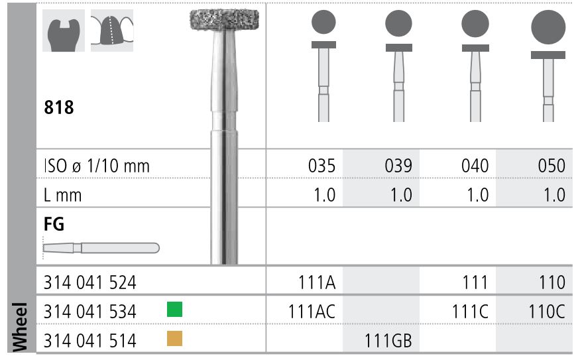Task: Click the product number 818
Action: pos(58,108)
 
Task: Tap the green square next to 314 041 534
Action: pos(174,309)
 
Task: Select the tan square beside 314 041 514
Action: pos(174,339)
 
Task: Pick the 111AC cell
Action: pos(312,311)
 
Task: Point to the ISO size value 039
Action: pos(398,166)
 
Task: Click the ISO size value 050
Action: pos(551,166)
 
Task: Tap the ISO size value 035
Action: pos(321,166)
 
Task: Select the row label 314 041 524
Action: pos(89,282)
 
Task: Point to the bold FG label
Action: pos(54,224)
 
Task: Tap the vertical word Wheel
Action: pos(18,328)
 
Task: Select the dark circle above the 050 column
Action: pos(549,29)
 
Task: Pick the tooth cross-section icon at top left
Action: pos(62,31)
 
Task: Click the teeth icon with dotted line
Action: pos(112,30)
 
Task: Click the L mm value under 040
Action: pos(474,195)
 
